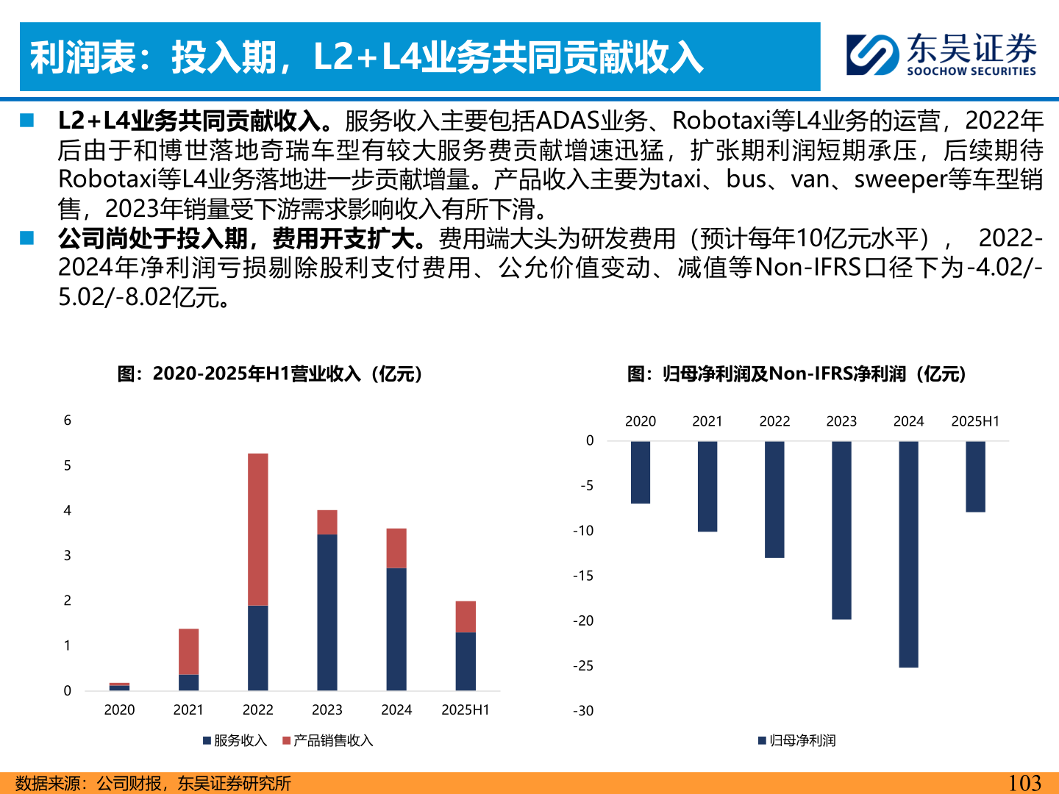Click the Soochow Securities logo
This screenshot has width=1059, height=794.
click(941, 54)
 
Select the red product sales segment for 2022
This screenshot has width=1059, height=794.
click(258, 529)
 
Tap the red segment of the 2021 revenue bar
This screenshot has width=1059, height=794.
click(189, 651)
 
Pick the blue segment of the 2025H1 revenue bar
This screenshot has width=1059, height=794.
click(466, 661)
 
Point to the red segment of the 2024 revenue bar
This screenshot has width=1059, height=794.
click(396, 548)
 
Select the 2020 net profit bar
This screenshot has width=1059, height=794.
click(641, 472)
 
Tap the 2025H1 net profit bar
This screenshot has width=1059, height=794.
click(975, 476)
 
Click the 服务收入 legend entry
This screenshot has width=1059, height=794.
click(235, 740)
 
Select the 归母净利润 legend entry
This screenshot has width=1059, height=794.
click(797, 740)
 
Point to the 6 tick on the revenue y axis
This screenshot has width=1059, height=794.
click(68, 421)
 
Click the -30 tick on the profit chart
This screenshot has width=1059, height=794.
click(584, 711)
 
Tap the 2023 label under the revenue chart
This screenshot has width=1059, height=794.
click(327, 709)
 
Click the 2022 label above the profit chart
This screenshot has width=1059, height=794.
click(774, 421)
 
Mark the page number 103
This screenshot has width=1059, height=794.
click(1024, 783)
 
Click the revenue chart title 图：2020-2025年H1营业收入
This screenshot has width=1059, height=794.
click(270, 373)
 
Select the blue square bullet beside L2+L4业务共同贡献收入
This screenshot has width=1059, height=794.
click(28, 120)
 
